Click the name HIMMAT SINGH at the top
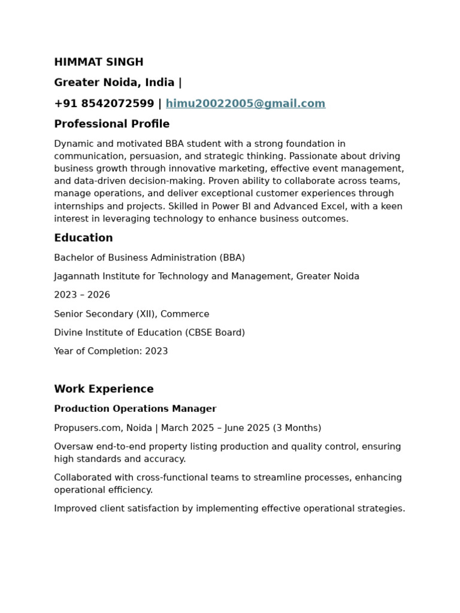(99, 62)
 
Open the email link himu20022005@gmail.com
(246, 104)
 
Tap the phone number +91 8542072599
(104, 104)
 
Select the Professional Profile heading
(112, 124)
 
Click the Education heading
(83, 238)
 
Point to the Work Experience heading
(104, 389)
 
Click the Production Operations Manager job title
(135, 409)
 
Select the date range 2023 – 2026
(82, 295)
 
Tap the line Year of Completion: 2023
(111, 351)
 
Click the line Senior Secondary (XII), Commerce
(132, 314)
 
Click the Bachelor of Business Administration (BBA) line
(149, 258)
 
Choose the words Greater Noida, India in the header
(114, 83)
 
